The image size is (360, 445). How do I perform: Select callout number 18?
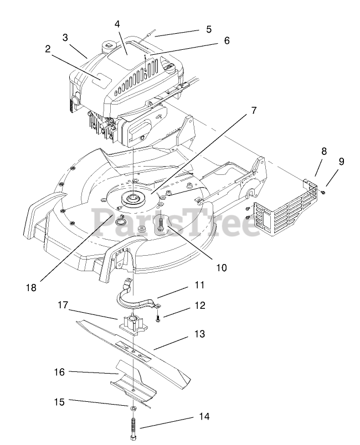(31, 287)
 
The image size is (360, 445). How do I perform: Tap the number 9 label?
(341, 162)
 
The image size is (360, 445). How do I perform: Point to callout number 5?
(208, 29)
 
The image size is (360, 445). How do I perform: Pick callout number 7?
(254, 110)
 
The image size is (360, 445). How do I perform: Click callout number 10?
(221, 267)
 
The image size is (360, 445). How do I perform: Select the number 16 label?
(60, 372)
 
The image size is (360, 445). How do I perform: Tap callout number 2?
(48, 49)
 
